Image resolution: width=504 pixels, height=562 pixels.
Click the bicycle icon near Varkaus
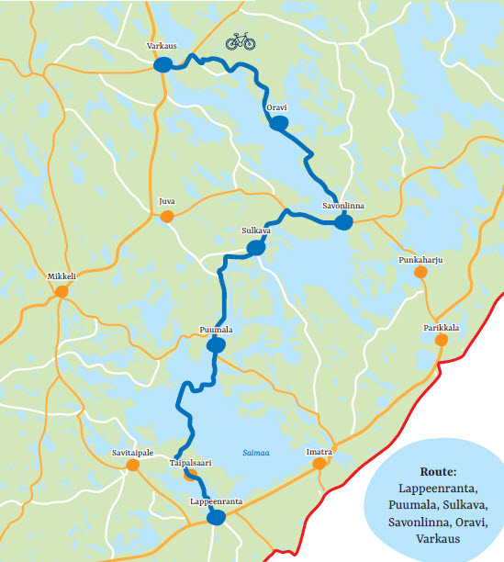[241, 41]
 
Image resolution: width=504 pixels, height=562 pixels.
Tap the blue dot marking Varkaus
[163, 64]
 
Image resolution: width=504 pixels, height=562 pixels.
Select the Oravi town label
[276, 108]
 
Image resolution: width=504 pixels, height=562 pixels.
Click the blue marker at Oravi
[279, 124]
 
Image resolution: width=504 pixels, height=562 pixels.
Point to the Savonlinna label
[343, 206]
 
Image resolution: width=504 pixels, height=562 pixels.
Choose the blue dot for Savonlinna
[344, 222]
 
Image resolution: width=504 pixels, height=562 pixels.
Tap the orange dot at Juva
[167, 217]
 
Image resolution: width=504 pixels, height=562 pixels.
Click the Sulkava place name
[255, 231]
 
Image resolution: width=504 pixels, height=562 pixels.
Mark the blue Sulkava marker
[256, 248]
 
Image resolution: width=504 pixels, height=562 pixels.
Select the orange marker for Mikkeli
[62, 292]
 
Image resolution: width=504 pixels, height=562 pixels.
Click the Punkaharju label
[421, 260]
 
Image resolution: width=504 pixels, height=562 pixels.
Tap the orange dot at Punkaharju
[420, 272]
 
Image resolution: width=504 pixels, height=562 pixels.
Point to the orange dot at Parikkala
[442, 340]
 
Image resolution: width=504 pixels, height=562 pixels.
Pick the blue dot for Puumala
[217, 345]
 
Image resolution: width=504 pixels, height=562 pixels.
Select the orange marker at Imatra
[319, 465]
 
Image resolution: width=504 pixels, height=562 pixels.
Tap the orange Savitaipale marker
[133, 466]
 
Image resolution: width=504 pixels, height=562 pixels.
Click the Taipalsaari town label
[191, 465]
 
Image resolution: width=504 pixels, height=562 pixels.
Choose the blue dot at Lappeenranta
[217, 518]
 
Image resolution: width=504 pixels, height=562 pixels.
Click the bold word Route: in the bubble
[438, 471]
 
